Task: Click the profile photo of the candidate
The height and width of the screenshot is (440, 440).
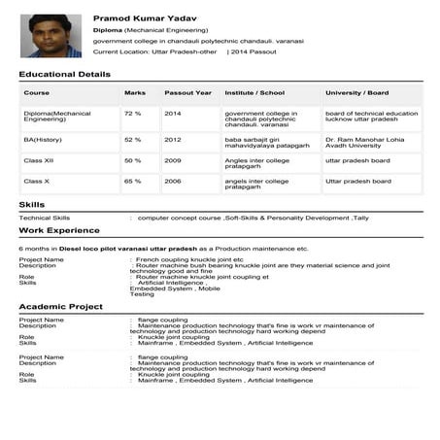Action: tap(51, 36)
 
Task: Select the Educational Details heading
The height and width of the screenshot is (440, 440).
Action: tap(64, 74)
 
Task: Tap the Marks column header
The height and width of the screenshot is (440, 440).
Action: tap(135, 93)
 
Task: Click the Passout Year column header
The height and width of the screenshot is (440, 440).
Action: tap(187, 93)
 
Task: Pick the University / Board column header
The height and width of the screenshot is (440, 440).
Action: tap(356, 93)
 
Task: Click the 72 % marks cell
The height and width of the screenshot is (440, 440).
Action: tap(132, 114)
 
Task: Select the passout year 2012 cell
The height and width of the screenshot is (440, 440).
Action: tap(172, 139)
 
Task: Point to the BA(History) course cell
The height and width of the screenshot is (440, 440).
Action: tap(44, 139)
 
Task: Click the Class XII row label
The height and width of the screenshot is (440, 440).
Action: tap(39, 159)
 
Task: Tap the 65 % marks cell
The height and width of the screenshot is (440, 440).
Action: tap(132, 181)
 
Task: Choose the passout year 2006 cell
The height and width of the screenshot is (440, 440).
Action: tap(172, 181)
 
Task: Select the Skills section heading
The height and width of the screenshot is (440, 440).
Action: tap(32, 204)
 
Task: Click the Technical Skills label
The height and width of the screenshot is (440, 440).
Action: tap(45, 218)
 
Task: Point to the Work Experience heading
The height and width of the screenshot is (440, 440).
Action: tap(58, 230)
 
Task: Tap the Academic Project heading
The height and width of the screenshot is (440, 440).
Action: tap(60, 306)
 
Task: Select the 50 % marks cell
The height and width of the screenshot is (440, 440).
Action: tap(132, 159)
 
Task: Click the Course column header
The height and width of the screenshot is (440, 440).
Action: tap(37, 93)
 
